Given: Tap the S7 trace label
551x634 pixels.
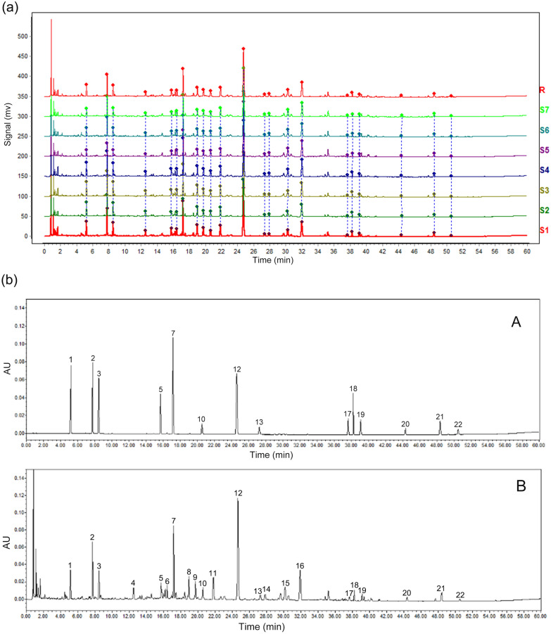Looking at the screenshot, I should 543,110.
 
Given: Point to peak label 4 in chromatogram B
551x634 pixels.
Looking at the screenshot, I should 133,583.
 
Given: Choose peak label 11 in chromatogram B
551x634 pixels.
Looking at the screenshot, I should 213,573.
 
